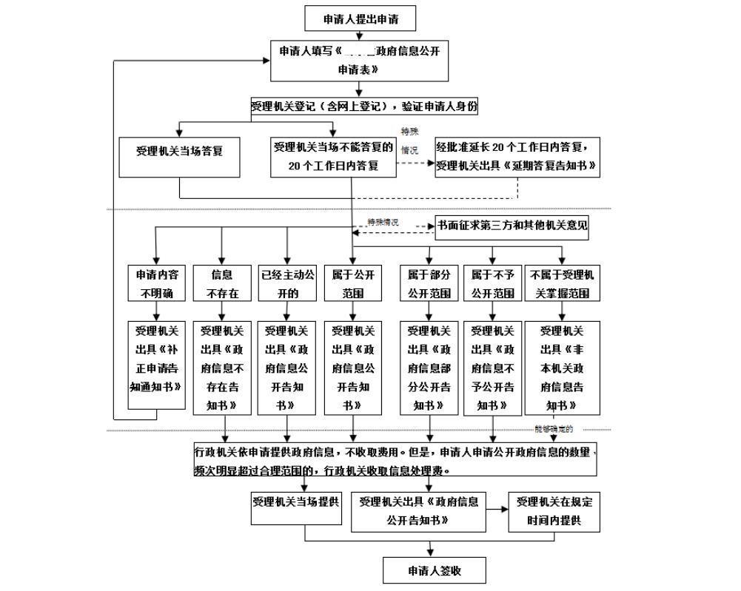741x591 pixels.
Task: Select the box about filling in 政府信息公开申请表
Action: tap(359, 61)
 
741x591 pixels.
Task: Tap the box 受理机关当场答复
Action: tap(179, 151)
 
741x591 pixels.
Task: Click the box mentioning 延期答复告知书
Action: tap(517, 156)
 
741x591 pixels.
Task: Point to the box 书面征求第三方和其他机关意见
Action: tap(512, 226)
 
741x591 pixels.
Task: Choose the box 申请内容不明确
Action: tap(156, 283)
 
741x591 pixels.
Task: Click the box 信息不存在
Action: tap(222, 283)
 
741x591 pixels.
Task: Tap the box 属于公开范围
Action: tap(353, 283)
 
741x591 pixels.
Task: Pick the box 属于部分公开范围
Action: tap(429, 283)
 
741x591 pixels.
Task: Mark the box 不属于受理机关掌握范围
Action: tap(562, 283)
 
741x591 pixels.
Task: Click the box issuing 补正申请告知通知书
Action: tap(156, 363)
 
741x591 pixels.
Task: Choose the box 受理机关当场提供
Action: tap(295, 509)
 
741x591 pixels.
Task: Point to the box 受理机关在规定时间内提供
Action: tap(554, 511)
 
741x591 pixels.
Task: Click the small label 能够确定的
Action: tap(554, 430)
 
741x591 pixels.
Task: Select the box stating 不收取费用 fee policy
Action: tap(394, 460)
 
